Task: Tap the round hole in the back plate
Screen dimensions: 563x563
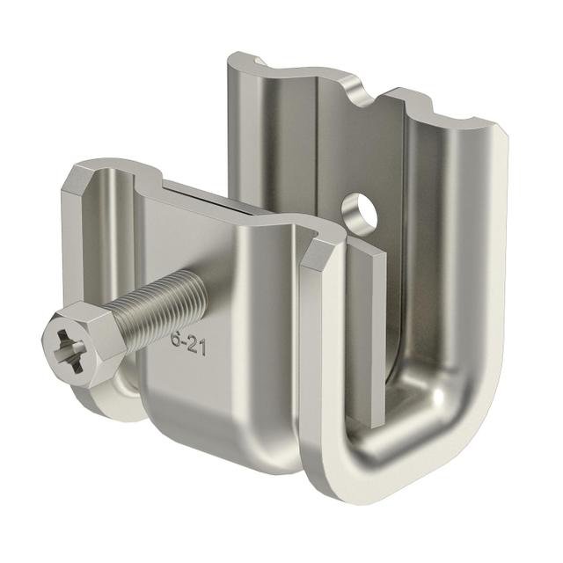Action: click(361, 212)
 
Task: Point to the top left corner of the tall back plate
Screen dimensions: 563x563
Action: click(236, 58)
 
